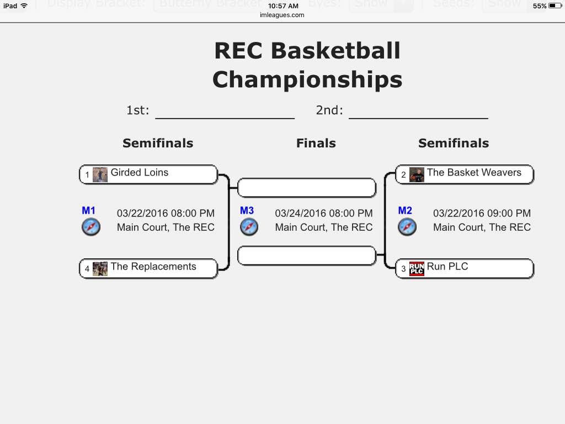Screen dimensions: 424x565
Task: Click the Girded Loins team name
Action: [x=139, y=173]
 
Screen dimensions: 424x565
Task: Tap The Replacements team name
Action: [x=153, y=267]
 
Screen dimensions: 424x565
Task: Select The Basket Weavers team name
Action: [x=473, y=173]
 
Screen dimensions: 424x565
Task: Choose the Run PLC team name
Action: [x=447, y=267]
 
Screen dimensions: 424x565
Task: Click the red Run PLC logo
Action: [x=417, y=269]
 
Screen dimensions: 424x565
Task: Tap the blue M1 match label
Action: [x=88, y=210]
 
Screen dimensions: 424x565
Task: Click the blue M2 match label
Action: [x=405, y=210]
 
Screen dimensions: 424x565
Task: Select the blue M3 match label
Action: [x=247, y=210]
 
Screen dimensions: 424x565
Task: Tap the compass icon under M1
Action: [x=91, y=227]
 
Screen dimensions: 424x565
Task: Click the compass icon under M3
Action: [x=249, y=227]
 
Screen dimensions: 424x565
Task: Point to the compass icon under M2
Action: [x=407, y=227]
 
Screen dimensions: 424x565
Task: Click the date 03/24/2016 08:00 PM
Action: [x=323, y=213]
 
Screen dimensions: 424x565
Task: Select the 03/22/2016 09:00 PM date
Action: [x=482, y=213]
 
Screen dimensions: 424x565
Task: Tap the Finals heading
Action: [x=316, y=144]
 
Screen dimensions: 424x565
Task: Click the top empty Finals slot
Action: [x=306, y=188]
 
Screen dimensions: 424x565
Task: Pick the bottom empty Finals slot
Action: [x=306, y=256]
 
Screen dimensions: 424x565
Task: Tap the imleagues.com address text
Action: [x=282, y=15]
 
